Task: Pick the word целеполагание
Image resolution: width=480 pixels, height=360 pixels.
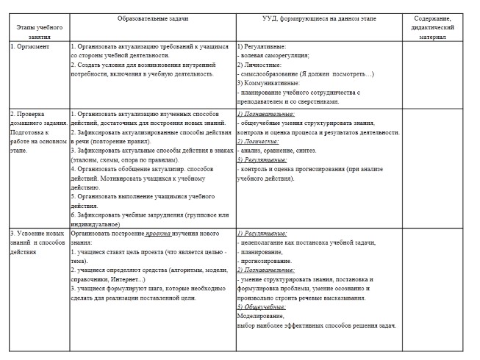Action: click(269, 242)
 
